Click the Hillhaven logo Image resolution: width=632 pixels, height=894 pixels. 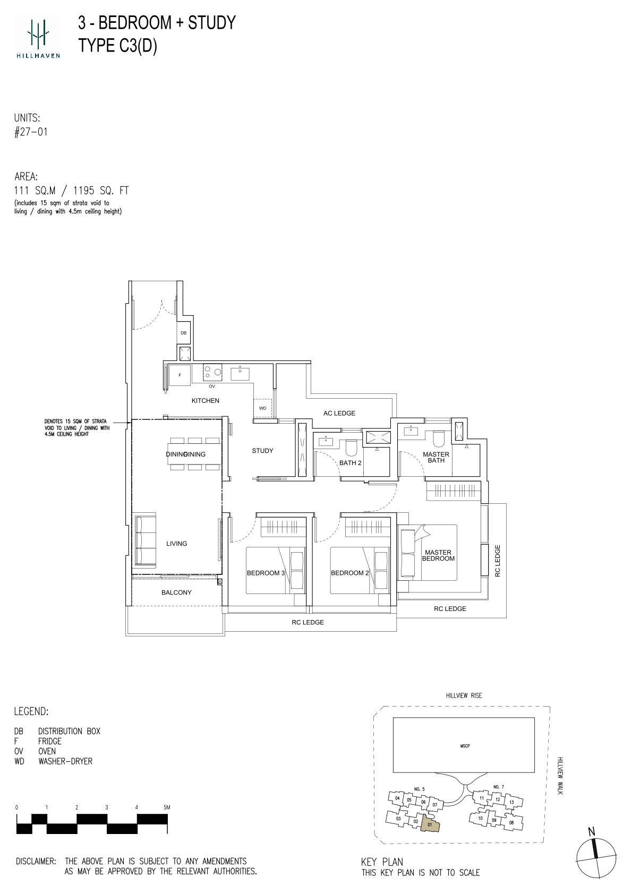(38, 37)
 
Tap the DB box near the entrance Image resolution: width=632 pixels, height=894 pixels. (184, 333)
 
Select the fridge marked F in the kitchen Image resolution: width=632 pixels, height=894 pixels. (180, 375)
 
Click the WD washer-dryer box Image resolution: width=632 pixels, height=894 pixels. (263, 408)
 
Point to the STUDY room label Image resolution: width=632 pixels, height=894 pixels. (263, 451)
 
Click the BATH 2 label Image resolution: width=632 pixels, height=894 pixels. (351, 463)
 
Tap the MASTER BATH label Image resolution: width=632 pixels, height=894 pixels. (436, 458)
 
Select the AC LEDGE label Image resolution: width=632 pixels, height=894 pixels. (339, 413)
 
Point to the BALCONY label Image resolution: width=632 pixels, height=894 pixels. (176, 592)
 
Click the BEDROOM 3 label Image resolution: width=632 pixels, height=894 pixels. (266, 573)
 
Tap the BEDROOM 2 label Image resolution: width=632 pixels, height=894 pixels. (350, 573)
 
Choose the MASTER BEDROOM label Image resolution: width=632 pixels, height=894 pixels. (438, 555)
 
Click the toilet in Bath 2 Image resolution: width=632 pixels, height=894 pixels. (351, 448)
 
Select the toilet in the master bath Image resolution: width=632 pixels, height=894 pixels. (438, 440)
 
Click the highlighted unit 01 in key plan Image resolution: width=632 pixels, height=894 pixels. (430, 824)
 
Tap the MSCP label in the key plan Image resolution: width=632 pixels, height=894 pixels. (465, 746)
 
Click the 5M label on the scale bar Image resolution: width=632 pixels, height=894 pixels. (166, 807)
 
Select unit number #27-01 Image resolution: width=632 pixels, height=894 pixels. (31, 132)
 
